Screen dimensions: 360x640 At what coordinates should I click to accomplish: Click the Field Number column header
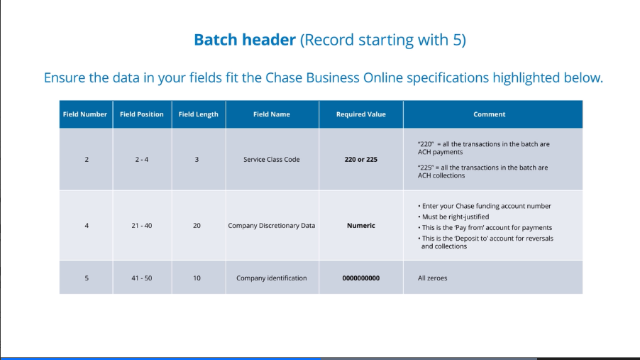pyautogui.click(x=84, y=114)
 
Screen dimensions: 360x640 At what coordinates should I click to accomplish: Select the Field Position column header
pyautogui.click(x=142, y=114)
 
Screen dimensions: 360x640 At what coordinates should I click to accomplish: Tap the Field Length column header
pyautogui.click(x=198, y=114)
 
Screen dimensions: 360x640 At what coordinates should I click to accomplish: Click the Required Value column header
pyautogui.click(x=360, y=114)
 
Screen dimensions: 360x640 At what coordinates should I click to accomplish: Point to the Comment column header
pyautogui.click(x=489, y=114)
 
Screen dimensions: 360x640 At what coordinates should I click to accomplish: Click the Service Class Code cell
pyautogui.click(x=271, y=160)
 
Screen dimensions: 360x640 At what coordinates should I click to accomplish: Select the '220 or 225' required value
pyautogui.click(x=360, y=160)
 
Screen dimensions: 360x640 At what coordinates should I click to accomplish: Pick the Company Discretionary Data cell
pyautogui.click(x=271, y=226)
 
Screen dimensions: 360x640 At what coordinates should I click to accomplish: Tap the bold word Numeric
pyautogui.click(x=360, y=226)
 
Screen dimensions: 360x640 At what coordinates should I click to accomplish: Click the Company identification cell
pyautogui.click(x=271, y=278)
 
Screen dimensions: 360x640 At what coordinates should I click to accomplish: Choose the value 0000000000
pyautogui.click(x=360, y=278)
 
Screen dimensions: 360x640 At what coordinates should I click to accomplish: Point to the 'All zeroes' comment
pyautogui.click(x=432, y=278)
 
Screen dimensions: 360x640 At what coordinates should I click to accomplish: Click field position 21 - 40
pyautogui.click(x=142, y=226)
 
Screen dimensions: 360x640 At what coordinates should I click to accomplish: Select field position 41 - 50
pyautogui.click(x=142, y=278)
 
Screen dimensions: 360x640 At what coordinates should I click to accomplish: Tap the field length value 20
pyautogui.click(x=197, y=226)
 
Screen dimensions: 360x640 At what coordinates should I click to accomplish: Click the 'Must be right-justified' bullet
pyautogui.click(x=455, y=217)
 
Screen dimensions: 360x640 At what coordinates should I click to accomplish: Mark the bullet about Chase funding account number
pyautogui.click(x=485, y=206)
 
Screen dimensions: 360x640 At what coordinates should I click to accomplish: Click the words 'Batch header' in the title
pyautogui.click(x=244, y=40)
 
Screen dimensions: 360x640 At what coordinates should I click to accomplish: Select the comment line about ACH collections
pyautogui.click(x=482, y=172)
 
